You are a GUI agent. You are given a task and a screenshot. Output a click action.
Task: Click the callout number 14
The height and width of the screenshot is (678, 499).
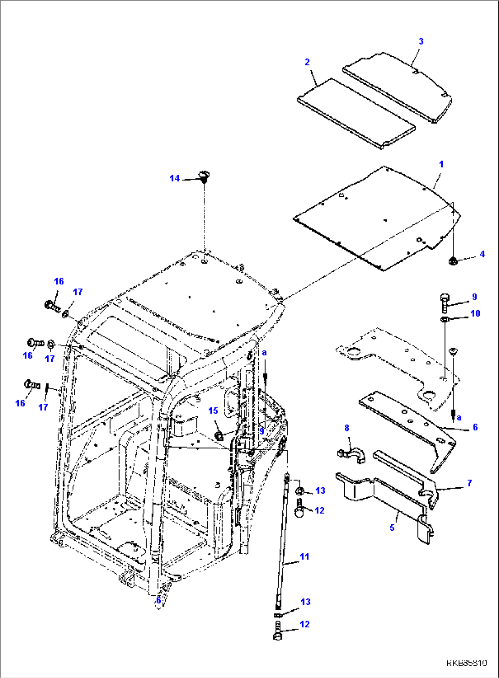pos(174,178)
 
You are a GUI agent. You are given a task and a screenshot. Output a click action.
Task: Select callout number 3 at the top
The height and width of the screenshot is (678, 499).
pos(421,41)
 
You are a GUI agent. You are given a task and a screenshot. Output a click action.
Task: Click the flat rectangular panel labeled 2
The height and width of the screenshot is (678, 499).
pos(356,113)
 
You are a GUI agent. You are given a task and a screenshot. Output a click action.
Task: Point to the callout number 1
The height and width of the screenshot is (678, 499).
pos(441,164)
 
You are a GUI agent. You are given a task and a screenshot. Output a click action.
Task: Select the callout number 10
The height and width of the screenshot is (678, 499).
pos(475,313)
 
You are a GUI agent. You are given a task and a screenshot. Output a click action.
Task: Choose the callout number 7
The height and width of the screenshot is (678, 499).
pos(469,483)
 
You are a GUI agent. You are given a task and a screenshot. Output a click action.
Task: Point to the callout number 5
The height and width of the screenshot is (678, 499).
pos(392,527)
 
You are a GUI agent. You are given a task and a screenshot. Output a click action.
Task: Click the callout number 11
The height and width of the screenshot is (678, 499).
pos(304,556)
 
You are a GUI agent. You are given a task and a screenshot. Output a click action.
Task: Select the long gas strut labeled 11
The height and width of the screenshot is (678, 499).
pos(283,540)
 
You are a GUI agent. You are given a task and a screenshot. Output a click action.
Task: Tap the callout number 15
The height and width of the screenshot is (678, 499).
pos(213,410)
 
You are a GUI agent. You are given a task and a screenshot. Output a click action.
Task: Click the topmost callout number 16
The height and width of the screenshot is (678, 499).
pos(59,281)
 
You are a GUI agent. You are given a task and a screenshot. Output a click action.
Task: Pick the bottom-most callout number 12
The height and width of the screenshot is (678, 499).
pos(304,624)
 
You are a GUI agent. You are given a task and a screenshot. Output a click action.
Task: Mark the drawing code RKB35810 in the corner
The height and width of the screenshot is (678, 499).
pos(466,663)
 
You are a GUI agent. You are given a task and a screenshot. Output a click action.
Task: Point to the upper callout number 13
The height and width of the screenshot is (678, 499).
pos(320,490)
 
